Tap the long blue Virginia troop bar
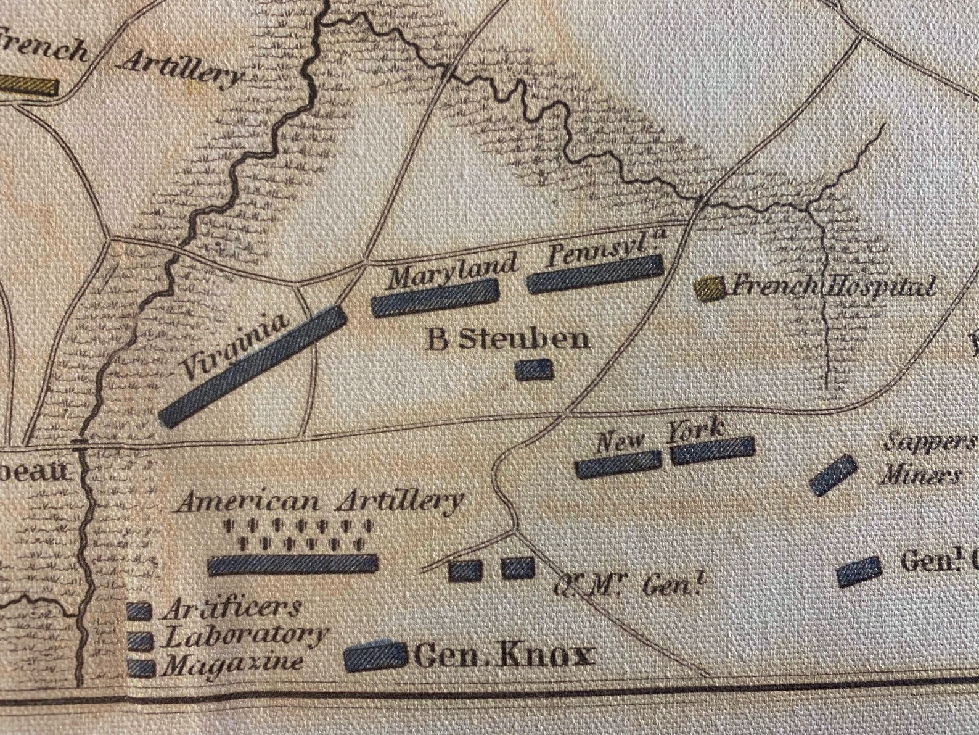pos(253,365)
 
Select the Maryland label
pos(452,270)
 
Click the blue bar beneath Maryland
pos(435,298)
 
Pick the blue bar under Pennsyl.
pos(595,273)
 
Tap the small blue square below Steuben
pos(534,369)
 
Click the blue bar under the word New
pos(618,463)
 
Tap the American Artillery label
pos(319,501)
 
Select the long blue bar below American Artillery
pos(293,563)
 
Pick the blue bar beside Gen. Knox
pos(375,657)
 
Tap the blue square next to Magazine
pos(141,667)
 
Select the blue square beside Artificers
pos(139,612)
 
